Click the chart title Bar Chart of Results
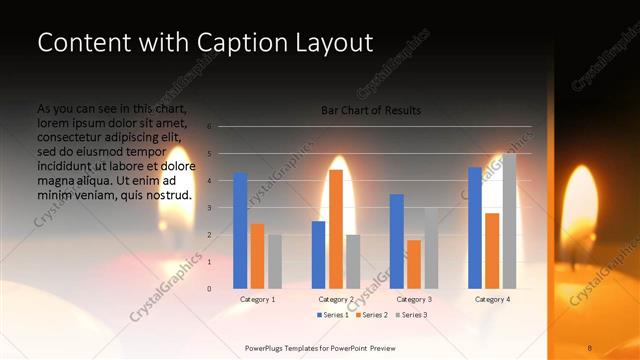click(x=370, y=110)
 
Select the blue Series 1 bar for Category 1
click(x=240, y=231)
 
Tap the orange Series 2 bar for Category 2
click(x=336, y=229)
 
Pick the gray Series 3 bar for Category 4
click(x=509, y=221)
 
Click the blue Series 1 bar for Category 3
click(x=397, y=241)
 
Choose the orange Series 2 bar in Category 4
click(x=492, y=251)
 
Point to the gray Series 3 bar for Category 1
click(x=275, y=262)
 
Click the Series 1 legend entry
click(x=334, y=315)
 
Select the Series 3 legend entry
click(x=411, y=315)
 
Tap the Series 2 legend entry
click(x=373, y=315)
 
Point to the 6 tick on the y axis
click(x=210, y=127)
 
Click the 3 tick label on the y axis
click(x=210, y=208)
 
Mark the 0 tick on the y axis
click(x=210, y=289)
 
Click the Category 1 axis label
click(x=258, y=299)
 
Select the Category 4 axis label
click(x=492, y=299)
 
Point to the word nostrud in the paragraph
click(x=169, y=194)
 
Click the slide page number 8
click(x=590, y=348)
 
